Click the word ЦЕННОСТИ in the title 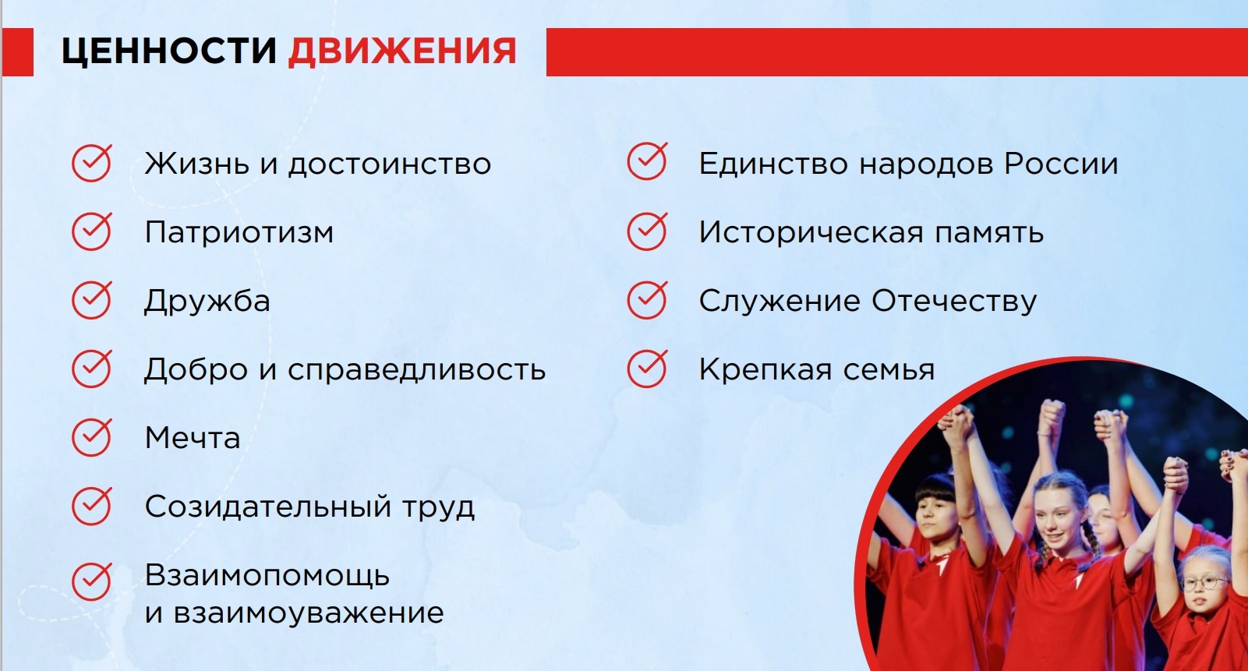click(169, 51)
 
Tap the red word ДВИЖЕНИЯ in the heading click(402, 51)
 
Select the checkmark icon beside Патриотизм click(92, 231)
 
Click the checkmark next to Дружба click(92, 300)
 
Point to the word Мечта click(193, 438)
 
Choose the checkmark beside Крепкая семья click(647, 368)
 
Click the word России click(1061, 164)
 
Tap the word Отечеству click(954, 302)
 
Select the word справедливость click(416, 369)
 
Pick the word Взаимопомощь click(267, 575)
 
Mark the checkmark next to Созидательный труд click(92, 506)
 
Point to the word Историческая click(811, 232)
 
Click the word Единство click(773, 164)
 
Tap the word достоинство click(390, 164)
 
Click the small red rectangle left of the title click(18, 51)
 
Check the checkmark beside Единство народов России click(647, 161)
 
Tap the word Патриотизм click(239, 232)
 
